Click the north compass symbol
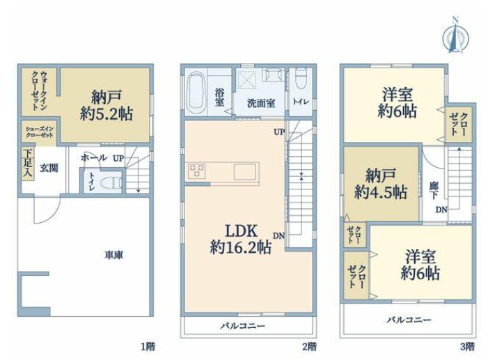[x=455, y=36]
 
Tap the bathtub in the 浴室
[x=196, y=92]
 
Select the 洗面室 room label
[x=261, y=103]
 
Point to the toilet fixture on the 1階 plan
[x=111, y=183]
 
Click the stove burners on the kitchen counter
[x=196, y=171]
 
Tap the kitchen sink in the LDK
[x=244, y=172]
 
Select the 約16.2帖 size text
[x=241, y=247]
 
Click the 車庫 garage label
[x=114, y=255]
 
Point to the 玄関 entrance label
[x=49, y=168]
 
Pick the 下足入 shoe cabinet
[x=28, y=164]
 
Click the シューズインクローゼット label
[x=40, y=132]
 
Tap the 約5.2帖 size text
[x=106, y=114]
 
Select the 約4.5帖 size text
[x=381, y=192]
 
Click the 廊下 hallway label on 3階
[x=434, y=190]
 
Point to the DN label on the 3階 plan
[x=441, y=209]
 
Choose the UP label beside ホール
[x=118, y=159]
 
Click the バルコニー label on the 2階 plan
[x=243, y=326]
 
